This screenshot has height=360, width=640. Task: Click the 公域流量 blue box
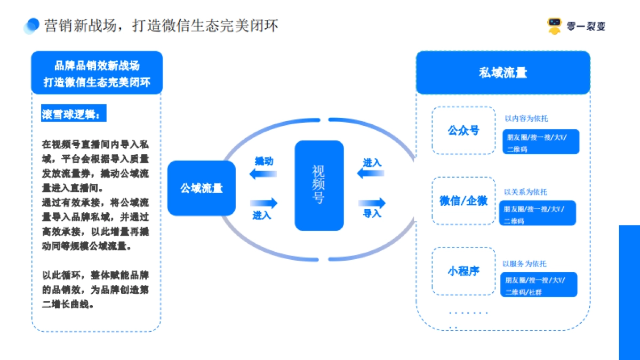[x=201, y=188]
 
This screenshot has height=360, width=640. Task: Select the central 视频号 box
[x=319, y=185]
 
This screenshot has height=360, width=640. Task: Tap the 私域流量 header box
[x=503, y=73]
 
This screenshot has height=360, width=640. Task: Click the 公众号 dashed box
[x=463, y=131]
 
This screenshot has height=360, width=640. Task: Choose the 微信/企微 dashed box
[x=463, y=201]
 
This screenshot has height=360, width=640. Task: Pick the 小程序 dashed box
[x=463, y=271]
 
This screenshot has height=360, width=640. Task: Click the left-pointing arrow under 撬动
[x=263, y=174]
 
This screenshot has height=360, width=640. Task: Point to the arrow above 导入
[x=372, y=203]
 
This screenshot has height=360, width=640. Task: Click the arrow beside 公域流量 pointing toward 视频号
[x=263, y=203]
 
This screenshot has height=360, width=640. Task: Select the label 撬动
[x=263, y=161]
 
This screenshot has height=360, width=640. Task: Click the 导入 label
[x=372, y=214]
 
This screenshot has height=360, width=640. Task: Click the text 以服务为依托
[x=524, y=264]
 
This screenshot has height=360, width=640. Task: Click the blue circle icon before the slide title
[x=33, y=25]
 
